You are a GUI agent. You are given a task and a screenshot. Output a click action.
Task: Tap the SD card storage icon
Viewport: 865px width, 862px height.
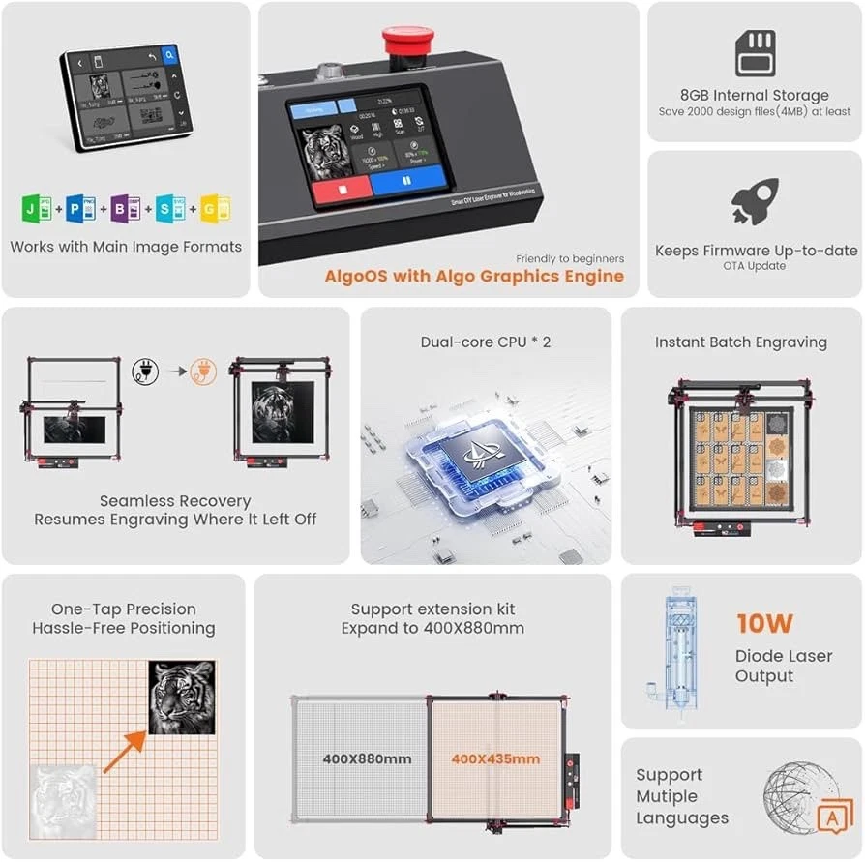click(755, 52)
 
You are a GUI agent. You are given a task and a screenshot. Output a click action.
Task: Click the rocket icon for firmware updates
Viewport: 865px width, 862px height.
click(755, 200)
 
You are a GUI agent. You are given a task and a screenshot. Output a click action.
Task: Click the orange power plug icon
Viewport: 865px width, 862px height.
click(203, 372)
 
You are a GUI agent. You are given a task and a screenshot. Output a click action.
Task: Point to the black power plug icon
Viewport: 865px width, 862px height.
click(145, 372)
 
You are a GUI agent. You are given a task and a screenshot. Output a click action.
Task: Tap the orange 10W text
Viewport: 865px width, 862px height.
click(766, 623)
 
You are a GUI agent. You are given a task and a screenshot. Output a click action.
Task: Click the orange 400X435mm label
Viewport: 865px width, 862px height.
click(494, 758)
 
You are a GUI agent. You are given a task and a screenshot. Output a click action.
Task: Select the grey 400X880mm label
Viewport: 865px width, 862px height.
click(367, 758)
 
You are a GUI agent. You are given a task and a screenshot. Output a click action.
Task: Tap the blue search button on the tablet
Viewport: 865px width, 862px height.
click(169, 56)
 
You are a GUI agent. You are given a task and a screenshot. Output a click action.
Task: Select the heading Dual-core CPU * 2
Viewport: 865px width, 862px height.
click(486, 342)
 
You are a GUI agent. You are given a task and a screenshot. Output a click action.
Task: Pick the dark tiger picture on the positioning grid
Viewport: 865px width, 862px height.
click(182, 696)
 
